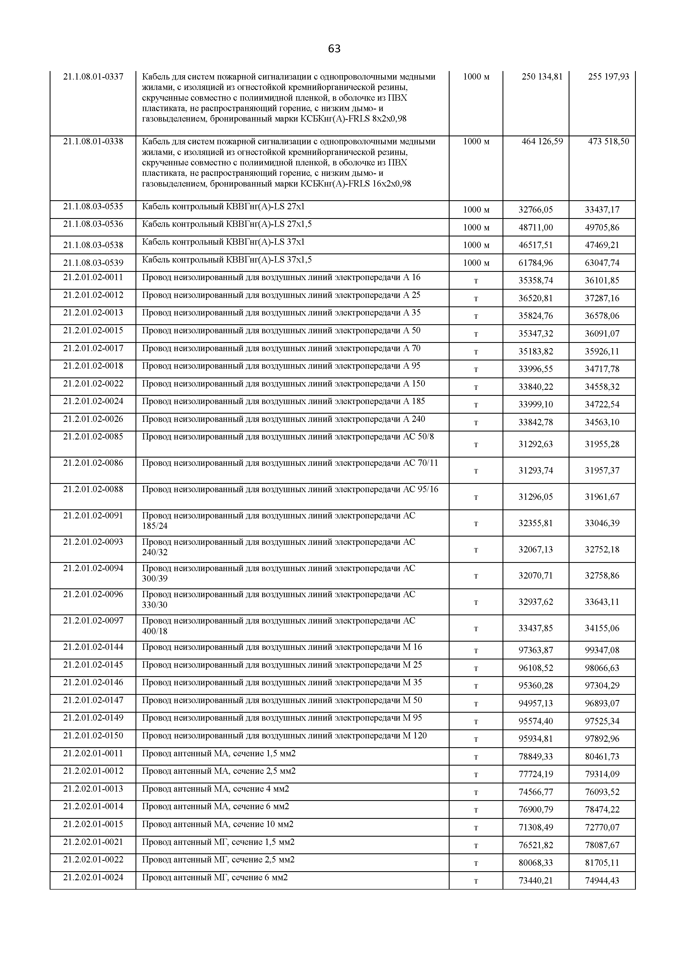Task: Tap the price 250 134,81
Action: [542, 77]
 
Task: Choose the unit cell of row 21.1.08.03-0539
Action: [476, 263]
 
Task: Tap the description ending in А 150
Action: [283, 384]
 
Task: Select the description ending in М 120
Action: [284, 736]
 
